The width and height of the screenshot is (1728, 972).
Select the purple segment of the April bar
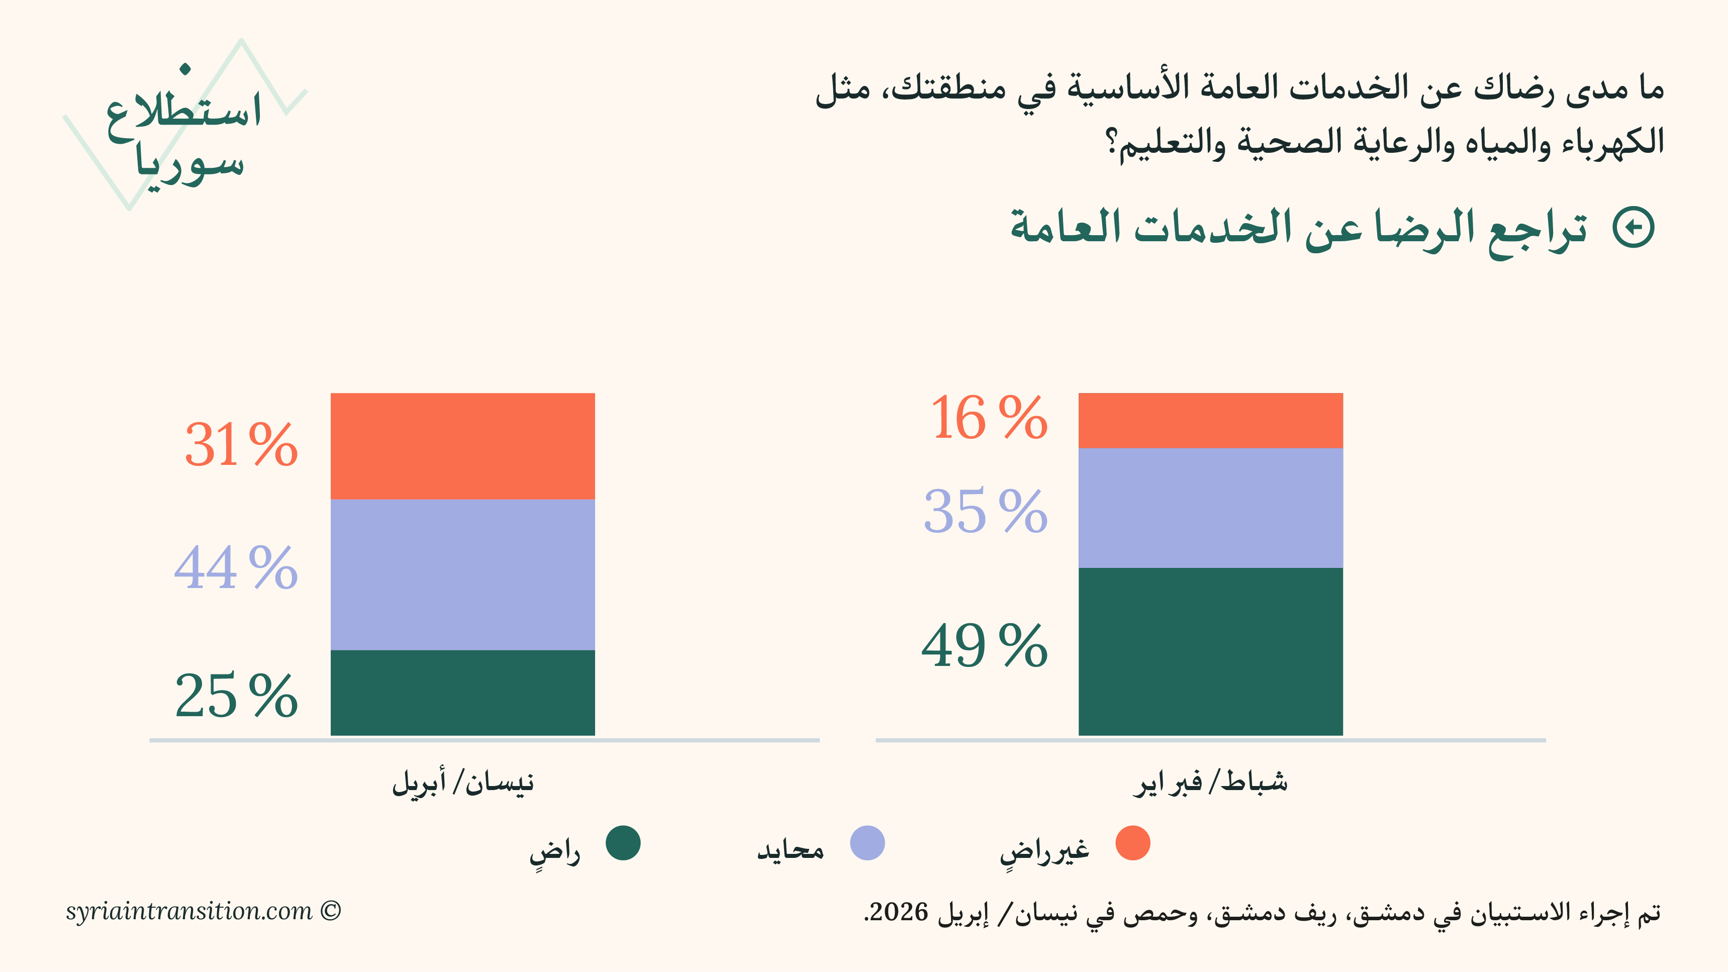pos(462,574)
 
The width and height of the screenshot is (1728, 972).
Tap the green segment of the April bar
pos(462,692)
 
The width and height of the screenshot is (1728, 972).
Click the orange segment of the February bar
pos(1210,420)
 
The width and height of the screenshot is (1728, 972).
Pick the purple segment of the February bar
pos(1210,508)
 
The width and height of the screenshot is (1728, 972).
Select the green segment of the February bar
pos(1210,651)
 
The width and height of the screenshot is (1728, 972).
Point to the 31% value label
pos(241,445)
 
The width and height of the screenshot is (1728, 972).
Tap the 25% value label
pos(236,696)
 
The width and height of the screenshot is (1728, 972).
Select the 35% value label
pos(986,512)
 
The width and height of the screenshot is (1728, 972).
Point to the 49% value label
pos(984,646)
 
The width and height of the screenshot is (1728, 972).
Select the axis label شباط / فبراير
pos(1210,782)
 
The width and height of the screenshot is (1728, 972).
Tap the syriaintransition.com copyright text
pos(203,911)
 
